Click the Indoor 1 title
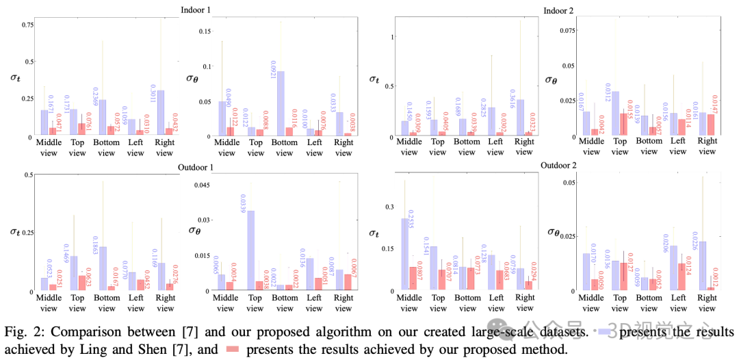[196, 11]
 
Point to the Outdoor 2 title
[558, 166]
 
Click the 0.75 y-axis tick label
[28, 25]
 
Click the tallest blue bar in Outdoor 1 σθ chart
[250, 250]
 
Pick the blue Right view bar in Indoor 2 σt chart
[520, 118]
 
